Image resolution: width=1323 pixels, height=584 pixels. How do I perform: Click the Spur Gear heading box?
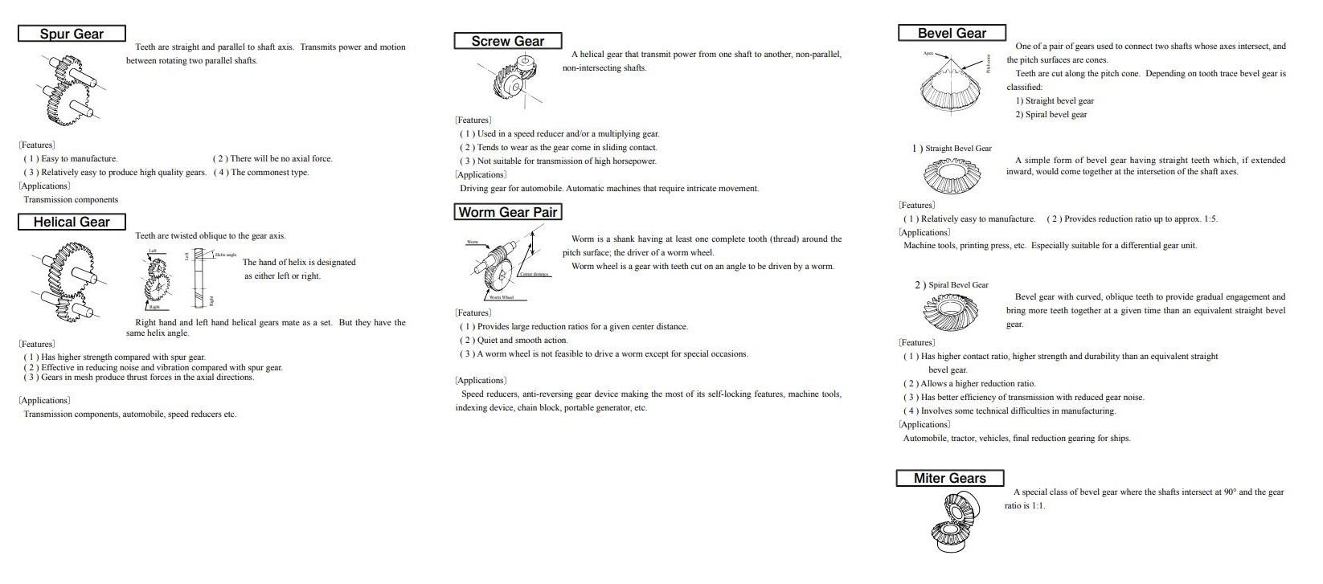[x=72, y=34]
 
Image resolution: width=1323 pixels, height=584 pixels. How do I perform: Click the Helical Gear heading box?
[x=72, y=222]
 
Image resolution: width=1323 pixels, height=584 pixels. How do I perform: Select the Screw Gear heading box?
[x=507, y=41]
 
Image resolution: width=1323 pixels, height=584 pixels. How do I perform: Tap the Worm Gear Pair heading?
[x=507, y=212]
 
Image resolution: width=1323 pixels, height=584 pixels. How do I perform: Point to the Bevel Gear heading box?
[x=952, y=33]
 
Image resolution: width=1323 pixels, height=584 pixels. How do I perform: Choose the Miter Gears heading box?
[x=949, y=478]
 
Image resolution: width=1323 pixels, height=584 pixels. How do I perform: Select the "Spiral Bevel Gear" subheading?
[x=958, y=285]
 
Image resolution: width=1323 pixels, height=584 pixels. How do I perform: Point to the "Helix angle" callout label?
[x=225, y=255]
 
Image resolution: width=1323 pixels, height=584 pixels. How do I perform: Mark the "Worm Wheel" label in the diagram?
[x=501, y=297]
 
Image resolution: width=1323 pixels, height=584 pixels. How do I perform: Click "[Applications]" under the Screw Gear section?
[x=481, y=175]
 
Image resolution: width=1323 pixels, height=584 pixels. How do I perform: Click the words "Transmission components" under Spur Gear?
[x=71, y=200]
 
